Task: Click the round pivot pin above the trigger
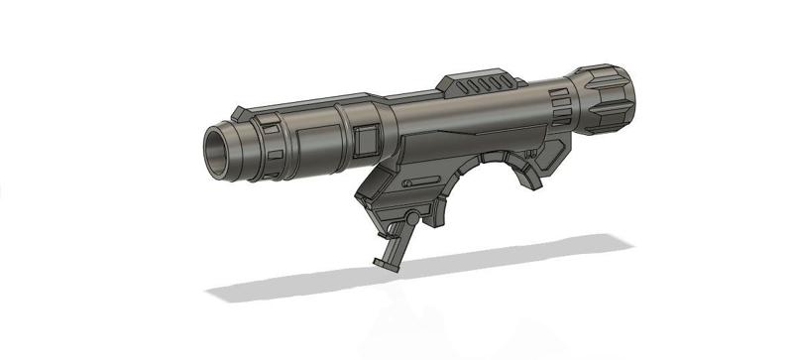coord(408,218)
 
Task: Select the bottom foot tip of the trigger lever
coord(385,265)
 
